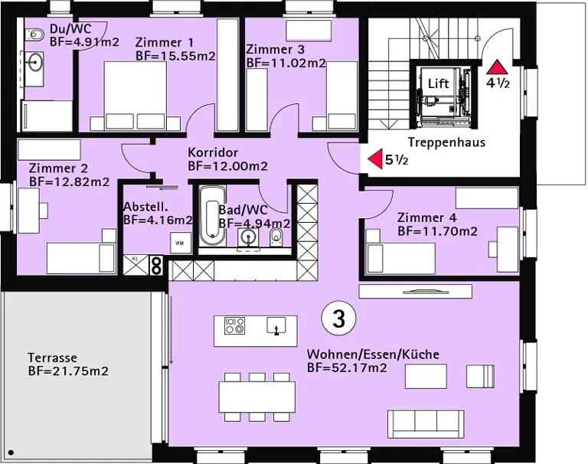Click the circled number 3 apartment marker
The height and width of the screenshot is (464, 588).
click(x=338, y=319)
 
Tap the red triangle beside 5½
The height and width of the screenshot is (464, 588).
click(x=376, y=159)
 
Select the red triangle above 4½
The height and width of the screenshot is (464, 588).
click(x=498, y=67)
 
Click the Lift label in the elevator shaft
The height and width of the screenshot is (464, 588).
click(x=439, y=83)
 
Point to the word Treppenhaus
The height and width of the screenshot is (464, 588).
click(x=446, y=142)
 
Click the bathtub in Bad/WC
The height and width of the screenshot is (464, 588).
click(x=212, y=215)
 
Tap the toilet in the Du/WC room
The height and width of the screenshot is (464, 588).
click(x=34, y=36)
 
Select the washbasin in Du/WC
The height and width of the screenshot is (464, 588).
click(x=34, y=62)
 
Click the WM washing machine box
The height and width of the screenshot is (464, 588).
click(x=180, y=243)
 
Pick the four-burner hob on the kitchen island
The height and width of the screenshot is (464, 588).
click(x=235, y=325)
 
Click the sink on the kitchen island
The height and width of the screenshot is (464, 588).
click(x=276, y=325)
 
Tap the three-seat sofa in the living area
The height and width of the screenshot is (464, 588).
click(x=426, y=424)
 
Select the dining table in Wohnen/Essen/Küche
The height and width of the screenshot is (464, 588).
click(x=257, y=397)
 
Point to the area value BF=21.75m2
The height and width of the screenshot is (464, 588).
click(x=68, y=371)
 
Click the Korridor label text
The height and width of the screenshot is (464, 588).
click(x=213, y=152)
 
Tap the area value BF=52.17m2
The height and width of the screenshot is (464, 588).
click(x=347, y=368)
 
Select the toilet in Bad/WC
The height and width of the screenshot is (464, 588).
click(x=276, y=237)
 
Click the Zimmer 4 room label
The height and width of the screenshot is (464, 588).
click(x=426, y=217)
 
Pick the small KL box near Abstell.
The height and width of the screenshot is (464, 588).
click(x=136, y=264)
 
